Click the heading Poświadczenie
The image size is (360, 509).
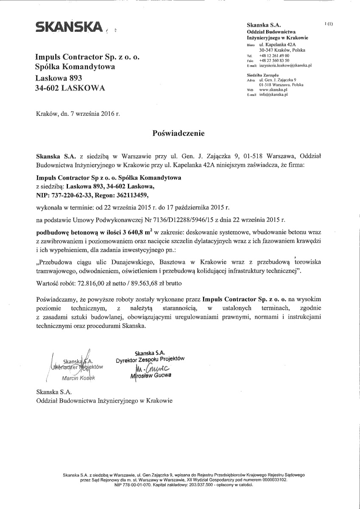(x=178, y=133)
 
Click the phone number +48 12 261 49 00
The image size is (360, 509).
(x=274, y=56)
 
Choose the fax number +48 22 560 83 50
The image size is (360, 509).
(x=274, y=61)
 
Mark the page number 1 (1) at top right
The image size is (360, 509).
(x=329, y=24)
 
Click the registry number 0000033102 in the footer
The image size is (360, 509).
(x=272, y=481)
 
